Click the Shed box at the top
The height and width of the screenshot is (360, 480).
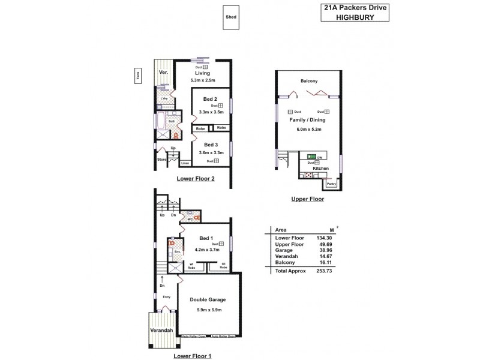(230, 17)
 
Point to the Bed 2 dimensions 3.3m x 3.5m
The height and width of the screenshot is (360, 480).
(211, 112)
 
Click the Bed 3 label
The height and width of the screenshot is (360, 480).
(210, 145)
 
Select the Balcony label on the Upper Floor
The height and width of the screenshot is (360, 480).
(310, 81)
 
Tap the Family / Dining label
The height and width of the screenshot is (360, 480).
(309, 120)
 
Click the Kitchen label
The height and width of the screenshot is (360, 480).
(320, 169)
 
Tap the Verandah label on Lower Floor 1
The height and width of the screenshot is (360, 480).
(161, 331)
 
